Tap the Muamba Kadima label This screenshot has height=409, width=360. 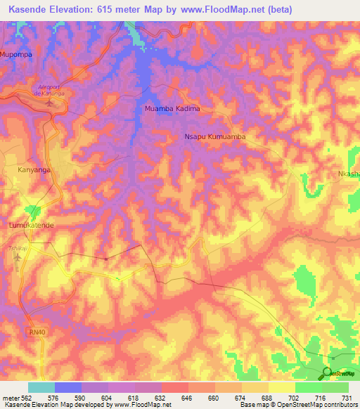172,109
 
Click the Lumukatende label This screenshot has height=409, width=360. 30,225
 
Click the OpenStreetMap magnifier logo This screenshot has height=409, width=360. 328,372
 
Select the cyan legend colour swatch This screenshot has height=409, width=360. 41,387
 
